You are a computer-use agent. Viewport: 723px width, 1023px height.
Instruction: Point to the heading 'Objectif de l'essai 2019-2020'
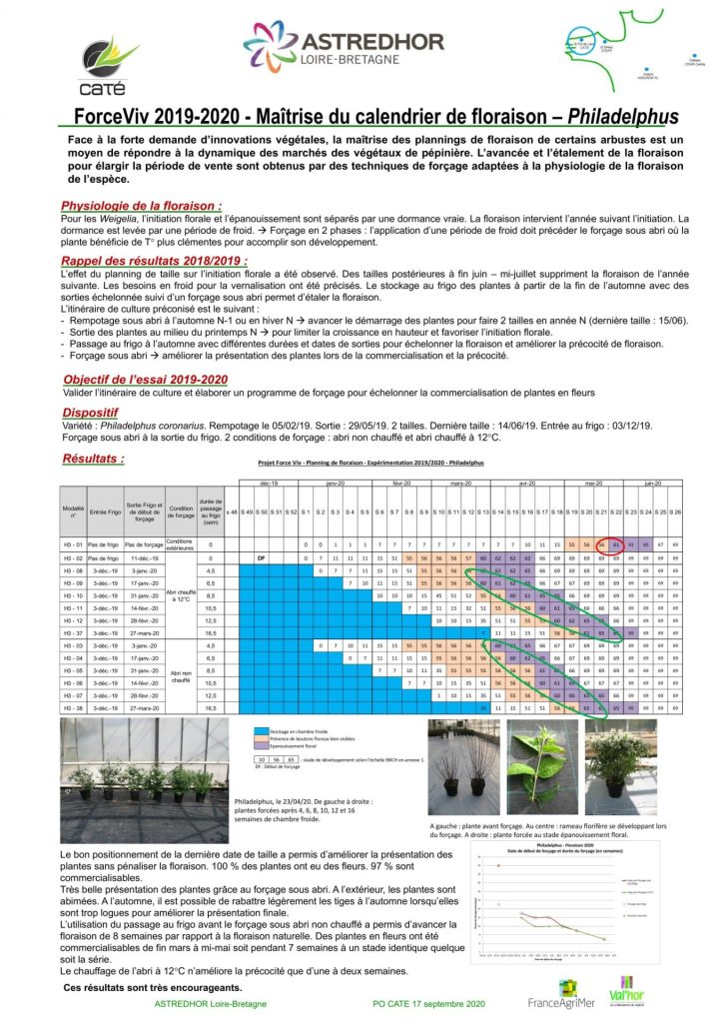tap(145, 380)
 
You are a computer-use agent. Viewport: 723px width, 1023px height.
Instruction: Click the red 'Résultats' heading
tap(93, 459)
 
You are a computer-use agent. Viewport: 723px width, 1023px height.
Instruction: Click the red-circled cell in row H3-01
tap(616, 543)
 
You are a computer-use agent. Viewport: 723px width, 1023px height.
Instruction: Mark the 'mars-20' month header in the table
tap(461, 484)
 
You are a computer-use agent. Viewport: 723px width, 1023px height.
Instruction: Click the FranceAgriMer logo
tap(560, 998)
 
